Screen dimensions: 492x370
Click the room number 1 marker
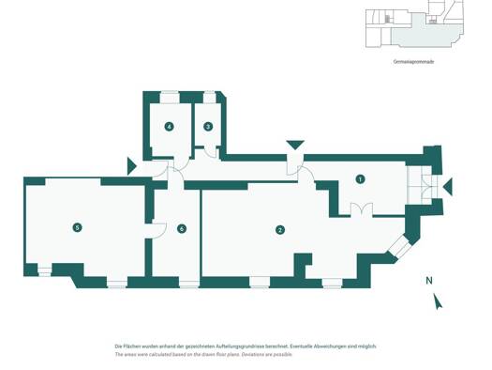click(x=360, y=179)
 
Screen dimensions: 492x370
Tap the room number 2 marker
click(x=280, y=230)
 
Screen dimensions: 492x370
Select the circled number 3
click(x=208, y=127)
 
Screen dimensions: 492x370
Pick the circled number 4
click(x=170, y=127)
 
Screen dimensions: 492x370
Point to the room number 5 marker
click(x=77, y=227)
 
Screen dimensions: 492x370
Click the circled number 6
click(x=182, y=228)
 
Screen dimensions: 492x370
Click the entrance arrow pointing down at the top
click(x=295, y=145)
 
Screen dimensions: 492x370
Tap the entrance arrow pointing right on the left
click(x=131, y=166)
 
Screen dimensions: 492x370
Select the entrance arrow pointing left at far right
click(x=448, y=187)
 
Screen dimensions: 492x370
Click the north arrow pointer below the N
click(x=438, y=301)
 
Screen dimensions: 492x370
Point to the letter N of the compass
click(x=429, y=281)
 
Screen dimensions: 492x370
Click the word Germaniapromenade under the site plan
click(x=413, y=62)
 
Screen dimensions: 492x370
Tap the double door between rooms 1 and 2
click(x=362, y=209)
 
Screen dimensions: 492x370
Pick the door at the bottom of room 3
click(x=210, y=152)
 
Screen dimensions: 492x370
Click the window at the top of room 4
click(x=170, y=97)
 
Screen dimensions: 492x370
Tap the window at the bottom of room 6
click(x=189, y=283)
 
